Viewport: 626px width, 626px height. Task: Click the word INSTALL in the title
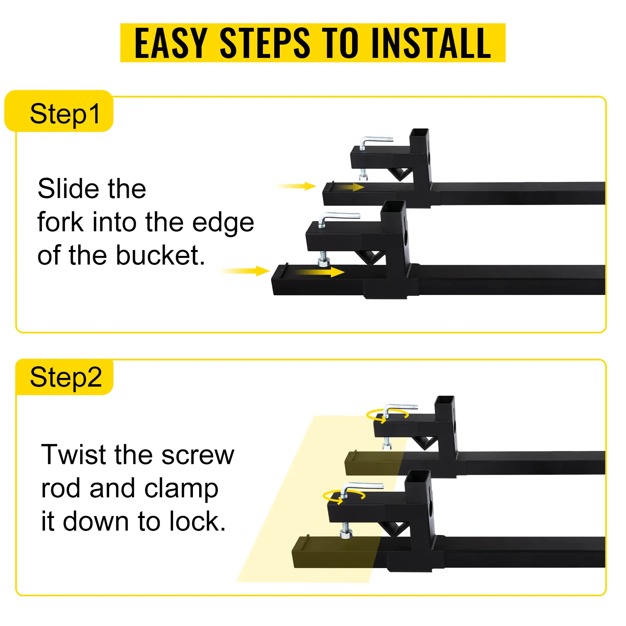click(432, 43)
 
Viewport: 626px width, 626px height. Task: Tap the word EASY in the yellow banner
click(171, 43)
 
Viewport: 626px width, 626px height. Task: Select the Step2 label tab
click(65, 377)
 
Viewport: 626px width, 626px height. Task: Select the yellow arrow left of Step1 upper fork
click(296, 186)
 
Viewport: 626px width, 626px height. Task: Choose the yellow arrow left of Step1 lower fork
click(245, 271)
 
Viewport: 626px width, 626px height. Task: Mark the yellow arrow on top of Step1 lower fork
click(318, 272)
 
